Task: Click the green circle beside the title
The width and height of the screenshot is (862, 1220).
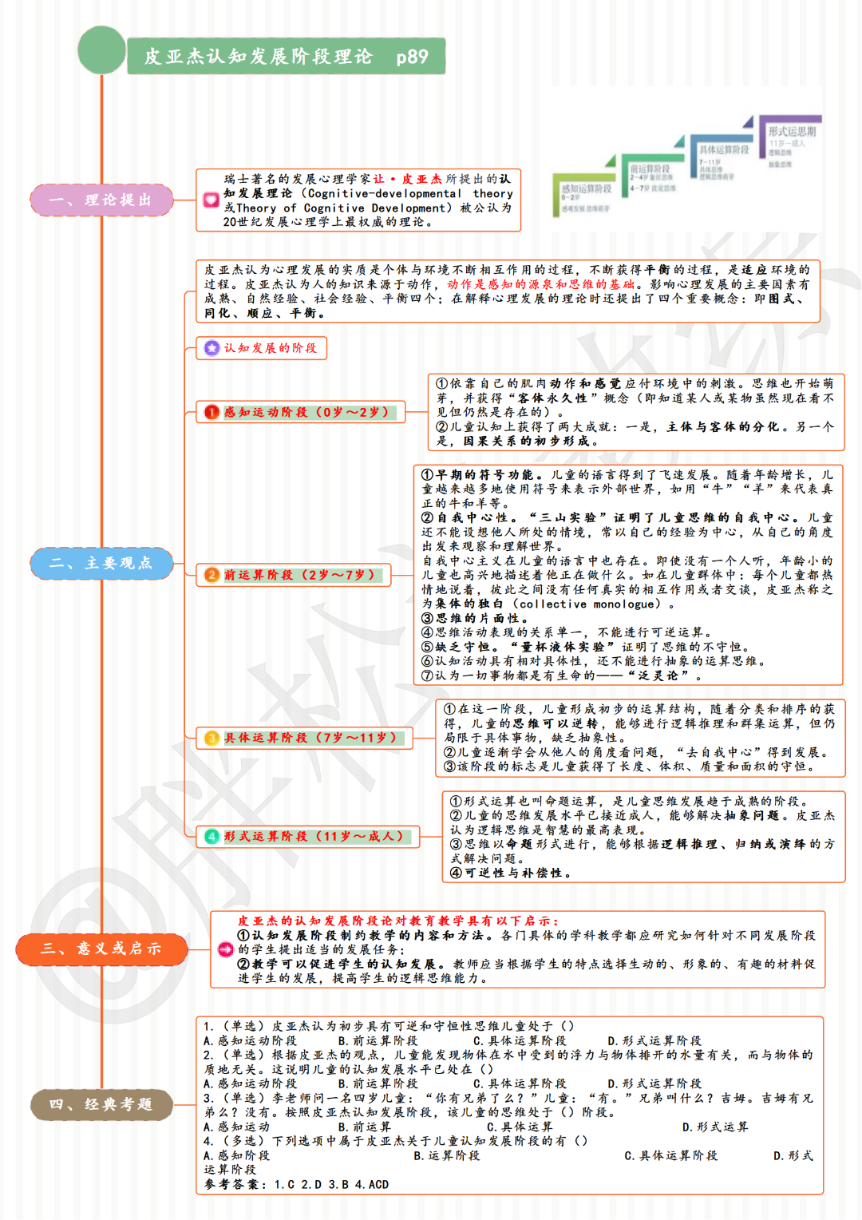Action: click(102, 50)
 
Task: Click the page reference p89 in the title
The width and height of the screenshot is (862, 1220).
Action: click(412, 57)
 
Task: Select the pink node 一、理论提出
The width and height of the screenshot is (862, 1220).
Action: click(101, 200)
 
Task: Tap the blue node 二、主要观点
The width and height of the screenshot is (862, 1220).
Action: click(101, 563)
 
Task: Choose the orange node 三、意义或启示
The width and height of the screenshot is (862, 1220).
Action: click(101, 949)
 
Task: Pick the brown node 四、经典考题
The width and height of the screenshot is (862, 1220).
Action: click(101, 1104)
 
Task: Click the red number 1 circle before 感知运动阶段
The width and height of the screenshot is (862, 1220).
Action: click(212, 412)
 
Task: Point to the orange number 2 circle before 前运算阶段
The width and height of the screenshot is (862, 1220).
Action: click(212, 575)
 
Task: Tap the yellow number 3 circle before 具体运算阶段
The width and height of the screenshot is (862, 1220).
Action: click(212, 738)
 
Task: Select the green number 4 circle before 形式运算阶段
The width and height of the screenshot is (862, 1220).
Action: click(212, 836)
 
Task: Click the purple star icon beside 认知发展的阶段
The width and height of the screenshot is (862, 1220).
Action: click(212, 348)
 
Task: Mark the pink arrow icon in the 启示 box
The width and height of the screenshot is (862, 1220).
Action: click(225, 949)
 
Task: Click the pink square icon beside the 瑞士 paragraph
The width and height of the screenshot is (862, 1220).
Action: click(211, 200)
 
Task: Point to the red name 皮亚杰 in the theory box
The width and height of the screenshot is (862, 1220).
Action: click(421, 179)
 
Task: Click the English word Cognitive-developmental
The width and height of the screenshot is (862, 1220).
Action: click(384, 193)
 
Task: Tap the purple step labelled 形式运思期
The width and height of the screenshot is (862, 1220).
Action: click(791, 132)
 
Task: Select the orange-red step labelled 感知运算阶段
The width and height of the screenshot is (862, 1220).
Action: click(586, 189)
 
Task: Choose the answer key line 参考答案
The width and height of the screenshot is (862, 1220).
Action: click(295, 1184)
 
